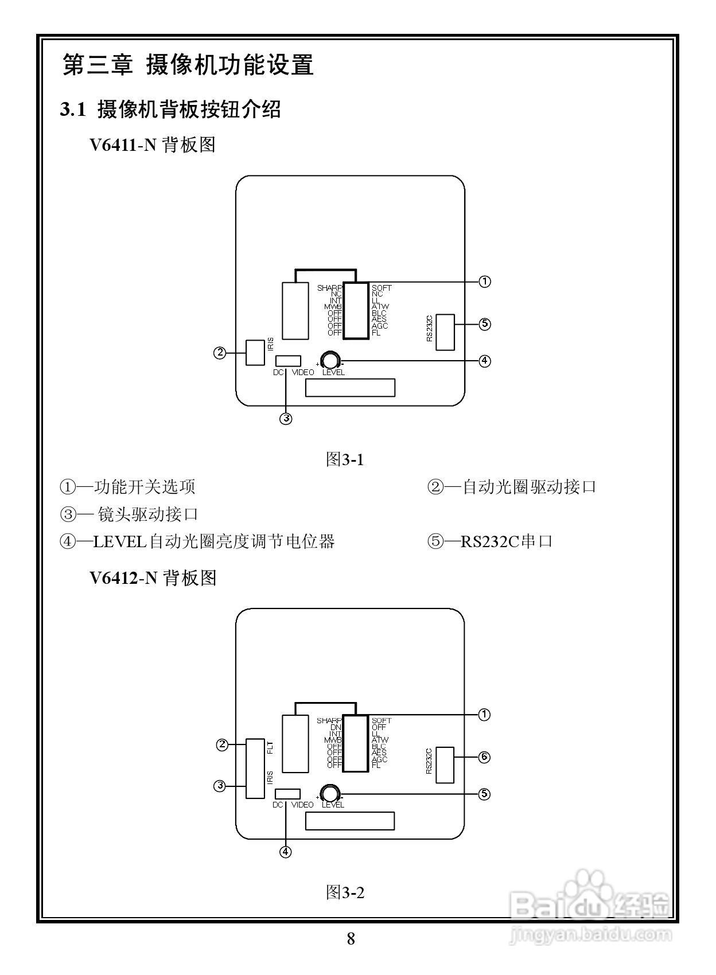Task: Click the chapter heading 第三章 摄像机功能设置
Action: pos(188,65)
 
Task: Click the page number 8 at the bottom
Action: pos(351,939)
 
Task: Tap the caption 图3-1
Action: pos(345,459)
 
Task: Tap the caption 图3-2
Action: pos(345,892)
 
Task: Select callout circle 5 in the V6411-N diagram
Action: pos(485,324)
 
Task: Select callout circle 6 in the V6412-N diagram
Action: pos(485,757)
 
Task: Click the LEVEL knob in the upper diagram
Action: pos(330,360)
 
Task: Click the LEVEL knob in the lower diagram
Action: pos(330,793)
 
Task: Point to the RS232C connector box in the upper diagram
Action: pos(445,332)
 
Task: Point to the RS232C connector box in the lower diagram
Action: pos(445,765)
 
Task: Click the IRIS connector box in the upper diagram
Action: pos(255,352)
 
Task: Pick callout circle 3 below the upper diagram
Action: pos(286,419)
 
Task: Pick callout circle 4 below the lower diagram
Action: pos(285,852)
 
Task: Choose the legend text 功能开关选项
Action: pos(145,487)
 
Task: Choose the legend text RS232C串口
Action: pos(506,541)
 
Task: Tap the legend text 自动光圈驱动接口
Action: pos(529,487)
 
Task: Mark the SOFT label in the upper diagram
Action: pos(382,288)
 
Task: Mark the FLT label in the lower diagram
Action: pos(270,747)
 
